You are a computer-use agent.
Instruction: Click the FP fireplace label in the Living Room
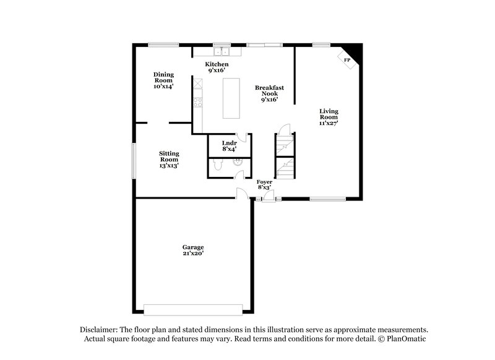346,60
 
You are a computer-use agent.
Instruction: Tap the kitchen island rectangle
231,97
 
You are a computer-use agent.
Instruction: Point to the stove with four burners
198,103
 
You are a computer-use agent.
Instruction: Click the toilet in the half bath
216,165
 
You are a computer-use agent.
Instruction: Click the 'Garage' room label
193,247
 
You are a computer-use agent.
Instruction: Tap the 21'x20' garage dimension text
193,254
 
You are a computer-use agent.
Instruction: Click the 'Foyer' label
265,182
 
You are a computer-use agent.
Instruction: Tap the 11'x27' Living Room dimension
329,123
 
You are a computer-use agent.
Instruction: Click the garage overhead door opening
192,308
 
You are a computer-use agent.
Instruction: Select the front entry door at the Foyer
269,197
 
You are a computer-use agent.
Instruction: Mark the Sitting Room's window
133,161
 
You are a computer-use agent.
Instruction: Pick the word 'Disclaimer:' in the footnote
101,330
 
